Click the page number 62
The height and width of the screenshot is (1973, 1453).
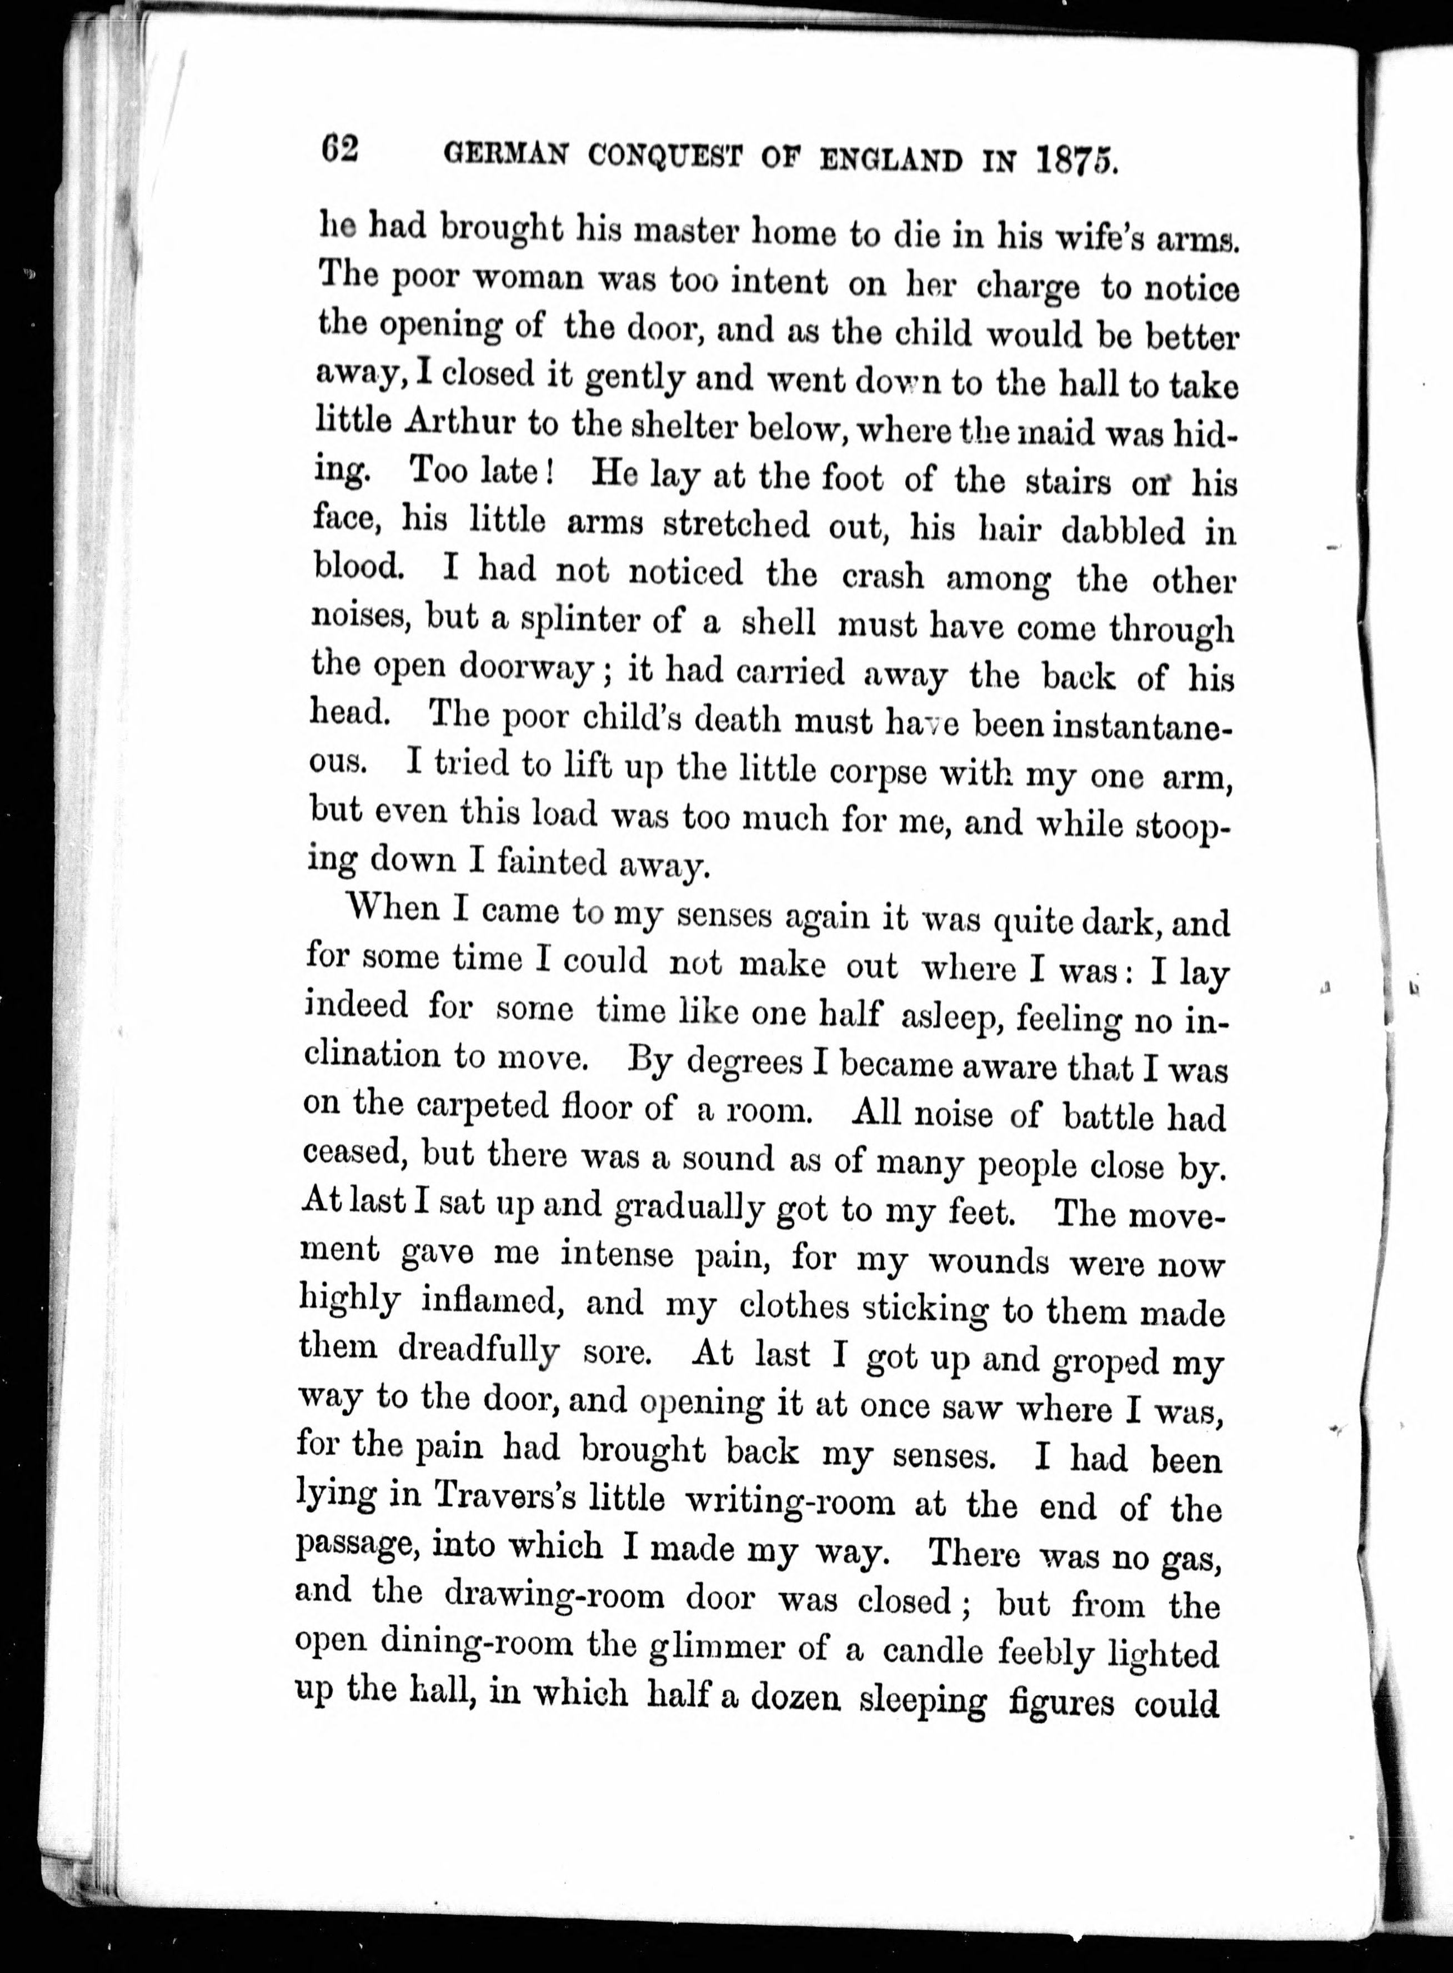(x=339, y=149)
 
